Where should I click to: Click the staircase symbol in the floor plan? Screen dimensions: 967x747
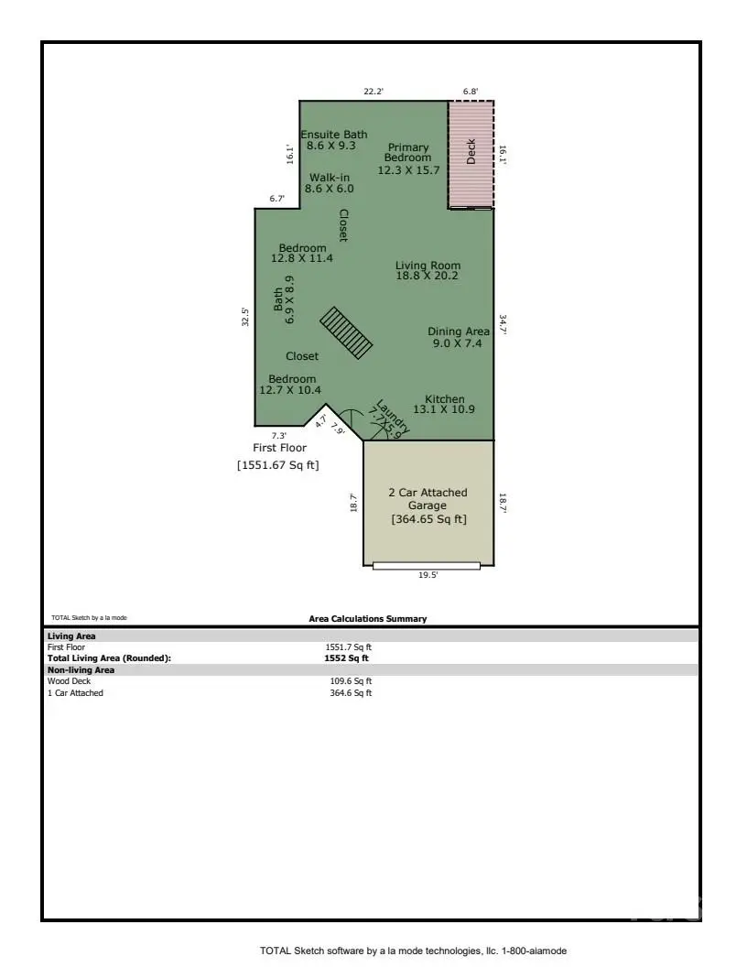click(346, 332)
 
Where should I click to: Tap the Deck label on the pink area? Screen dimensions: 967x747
click(471, 151)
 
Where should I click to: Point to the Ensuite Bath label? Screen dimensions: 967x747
click(336, 140)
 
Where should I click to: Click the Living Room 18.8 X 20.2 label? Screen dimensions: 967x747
click(428, 271)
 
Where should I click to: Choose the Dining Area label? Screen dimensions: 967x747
click(458, 337)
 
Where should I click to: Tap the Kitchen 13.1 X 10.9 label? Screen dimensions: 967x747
click(444, 405)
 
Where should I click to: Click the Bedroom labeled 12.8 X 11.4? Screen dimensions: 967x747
click(302, 254)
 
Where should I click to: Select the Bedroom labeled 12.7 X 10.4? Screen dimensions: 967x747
click(292, 385)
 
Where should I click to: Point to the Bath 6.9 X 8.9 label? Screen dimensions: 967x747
click(284, 299)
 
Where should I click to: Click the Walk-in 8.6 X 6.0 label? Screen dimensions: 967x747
click(330, 183)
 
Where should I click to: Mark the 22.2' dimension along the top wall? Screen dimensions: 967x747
click(373, 92)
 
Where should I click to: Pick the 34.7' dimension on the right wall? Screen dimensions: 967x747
click(502, 325)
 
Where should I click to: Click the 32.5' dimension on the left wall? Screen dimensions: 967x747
click(245, 317)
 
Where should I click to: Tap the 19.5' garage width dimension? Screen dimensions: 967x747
click(427, 575)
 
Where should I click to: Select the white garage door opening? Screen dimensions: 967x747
click(426, 565)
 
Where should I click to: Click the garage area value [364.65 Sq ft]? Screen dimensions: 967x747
click(428, 519)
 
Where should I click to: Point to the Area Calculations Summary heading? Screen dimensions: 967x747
click(367, 619)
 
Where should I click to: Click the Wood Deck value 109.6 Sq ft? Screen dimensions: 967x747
click(351, 681)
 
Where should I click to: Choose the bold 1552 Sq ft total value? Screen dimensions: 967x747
click(348, 657)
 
